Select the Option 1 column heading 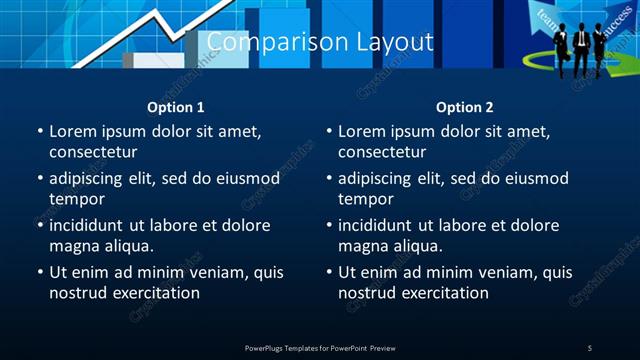click(176, 107)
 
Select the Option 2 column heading click(465, 107)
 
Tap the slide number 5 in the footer click(589, 347)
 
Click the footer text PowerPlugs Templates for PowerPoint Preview click(320, 347)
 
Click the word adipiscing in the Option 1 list click(95, 179)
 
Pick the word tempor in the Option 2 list click(360, 200)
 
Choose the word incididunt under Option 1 click(95, 225)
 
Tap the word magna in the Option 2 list click(361, 246)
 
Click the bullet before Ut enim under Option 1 click(40, 272)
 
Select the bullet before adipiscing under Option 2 click(329, 179)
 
